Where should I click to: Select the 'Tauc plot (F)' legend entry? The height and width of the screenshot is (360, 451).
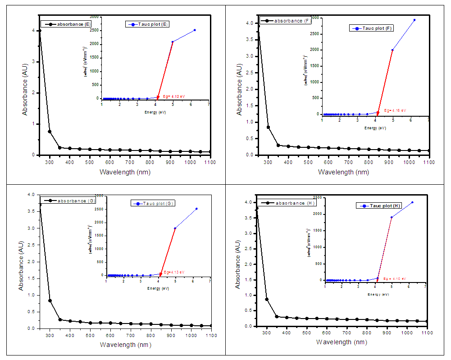click(376, 28)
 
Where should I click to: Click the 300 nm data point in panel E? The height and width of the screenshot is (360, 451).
click(50, 132)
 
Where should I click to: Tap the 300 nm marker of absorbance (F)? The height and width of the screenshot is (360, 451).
click(268, 127)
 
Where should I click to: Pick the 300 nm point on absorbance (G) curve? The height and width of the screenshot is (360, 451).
click(50, 301)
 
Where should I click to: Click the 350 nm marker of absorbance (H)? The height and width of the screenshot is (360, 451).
click(277, 316)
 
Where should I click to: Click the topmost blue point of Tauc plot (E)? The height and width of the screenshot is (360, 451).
click(195, 30)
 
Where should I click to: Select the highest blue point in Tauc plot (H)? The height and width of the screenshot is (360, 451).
click(412, 202)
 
